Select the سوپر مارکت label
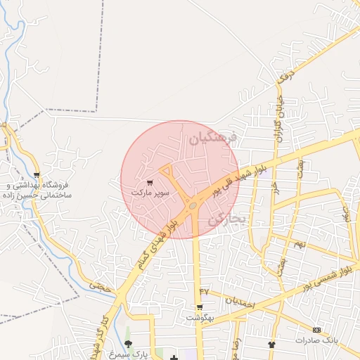point(150,192)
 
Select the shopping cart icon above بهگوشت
point(200,307)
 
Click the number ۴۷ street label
point(205,291)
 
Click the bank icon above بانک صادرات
point(316,330)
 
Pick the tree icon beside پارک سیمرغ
point(127,344)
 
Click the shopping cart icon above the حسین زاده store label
point(37,176)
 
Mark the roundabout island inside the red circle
point(193,206)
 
